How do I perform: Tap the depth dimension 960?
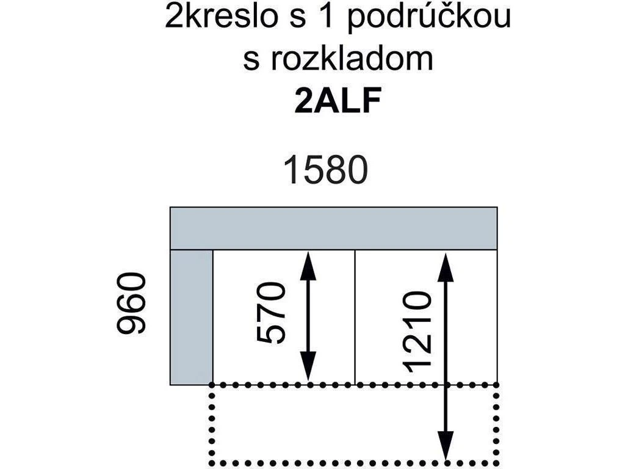click(132, 304)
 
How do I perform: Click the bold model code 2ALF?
click(338, 101)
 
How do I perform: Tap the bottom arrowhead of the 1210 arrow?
click(447, 449)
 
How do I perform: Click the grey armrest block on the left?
click(191, 317)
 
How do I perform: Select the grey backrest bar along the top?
click(334, 228)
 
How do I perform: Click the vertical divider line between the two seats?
click(355, 317)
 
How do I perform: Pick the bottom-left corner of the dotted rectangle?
click(212, 461)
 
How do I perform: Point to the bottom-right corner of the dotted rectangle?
click(497, 461)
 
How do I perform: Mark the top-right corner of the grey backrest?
click(497, 208)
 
